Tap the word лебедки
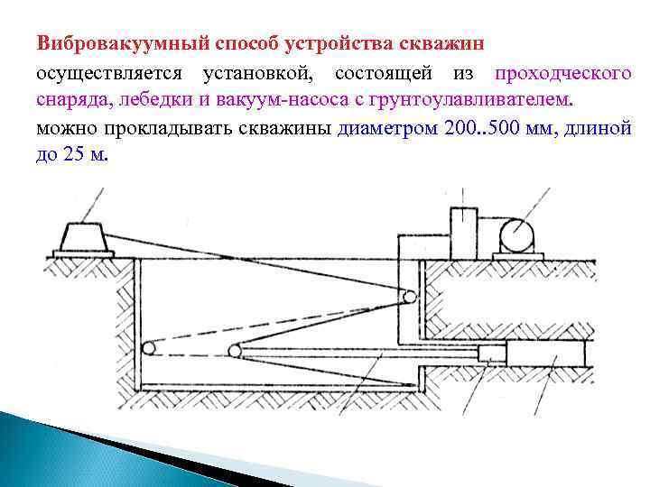point(142,98)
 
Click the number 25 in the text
point(77,154)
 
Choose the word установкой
point(256,71)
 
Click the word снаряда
point(69,98)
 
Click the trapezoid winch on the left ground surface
point(83,239)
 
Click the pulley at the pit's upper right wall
point(409,296)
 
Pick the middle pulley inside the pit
point(235,350)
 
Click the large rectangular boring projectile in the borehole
point(545,353)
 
